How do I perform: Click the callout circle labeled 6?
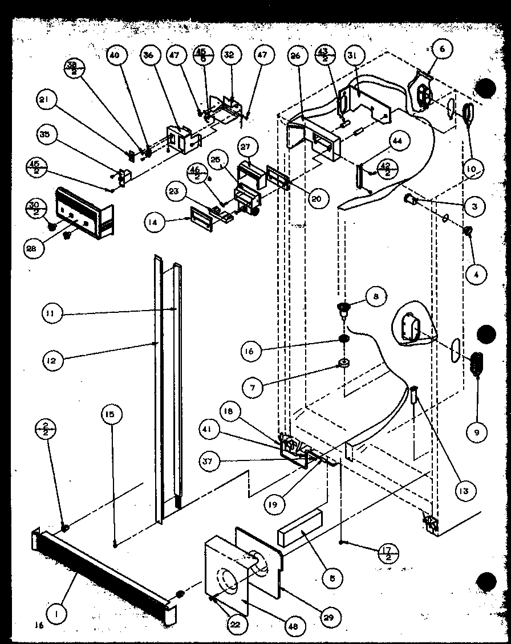click(441, 49)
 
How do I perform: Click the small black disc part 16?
click(344, 340)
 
